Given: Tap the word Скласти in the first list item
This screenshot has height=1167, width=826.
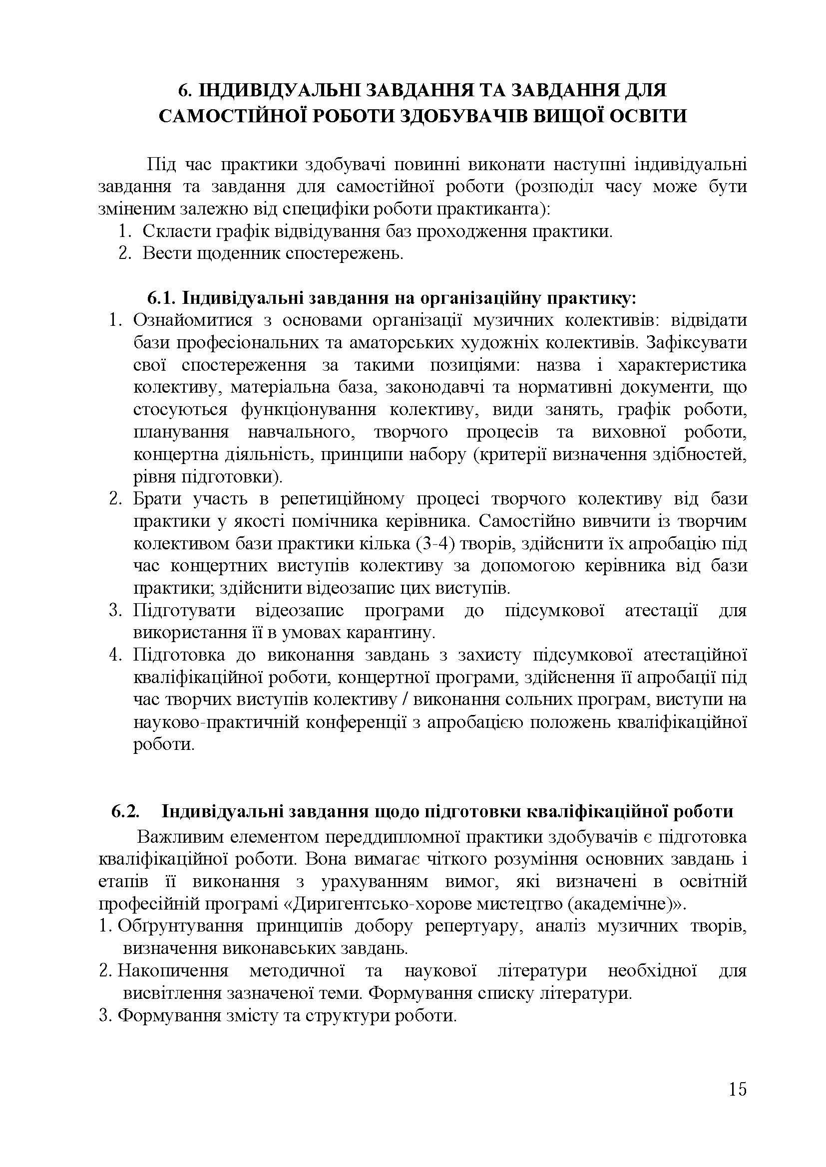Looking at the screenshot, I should coord(171,232).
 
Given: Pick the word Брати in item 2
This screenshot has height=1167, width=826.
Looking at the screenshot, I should coord(157,499).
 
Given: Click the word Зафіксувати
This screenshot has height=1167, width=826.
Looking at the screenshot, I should coord(696,343).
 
